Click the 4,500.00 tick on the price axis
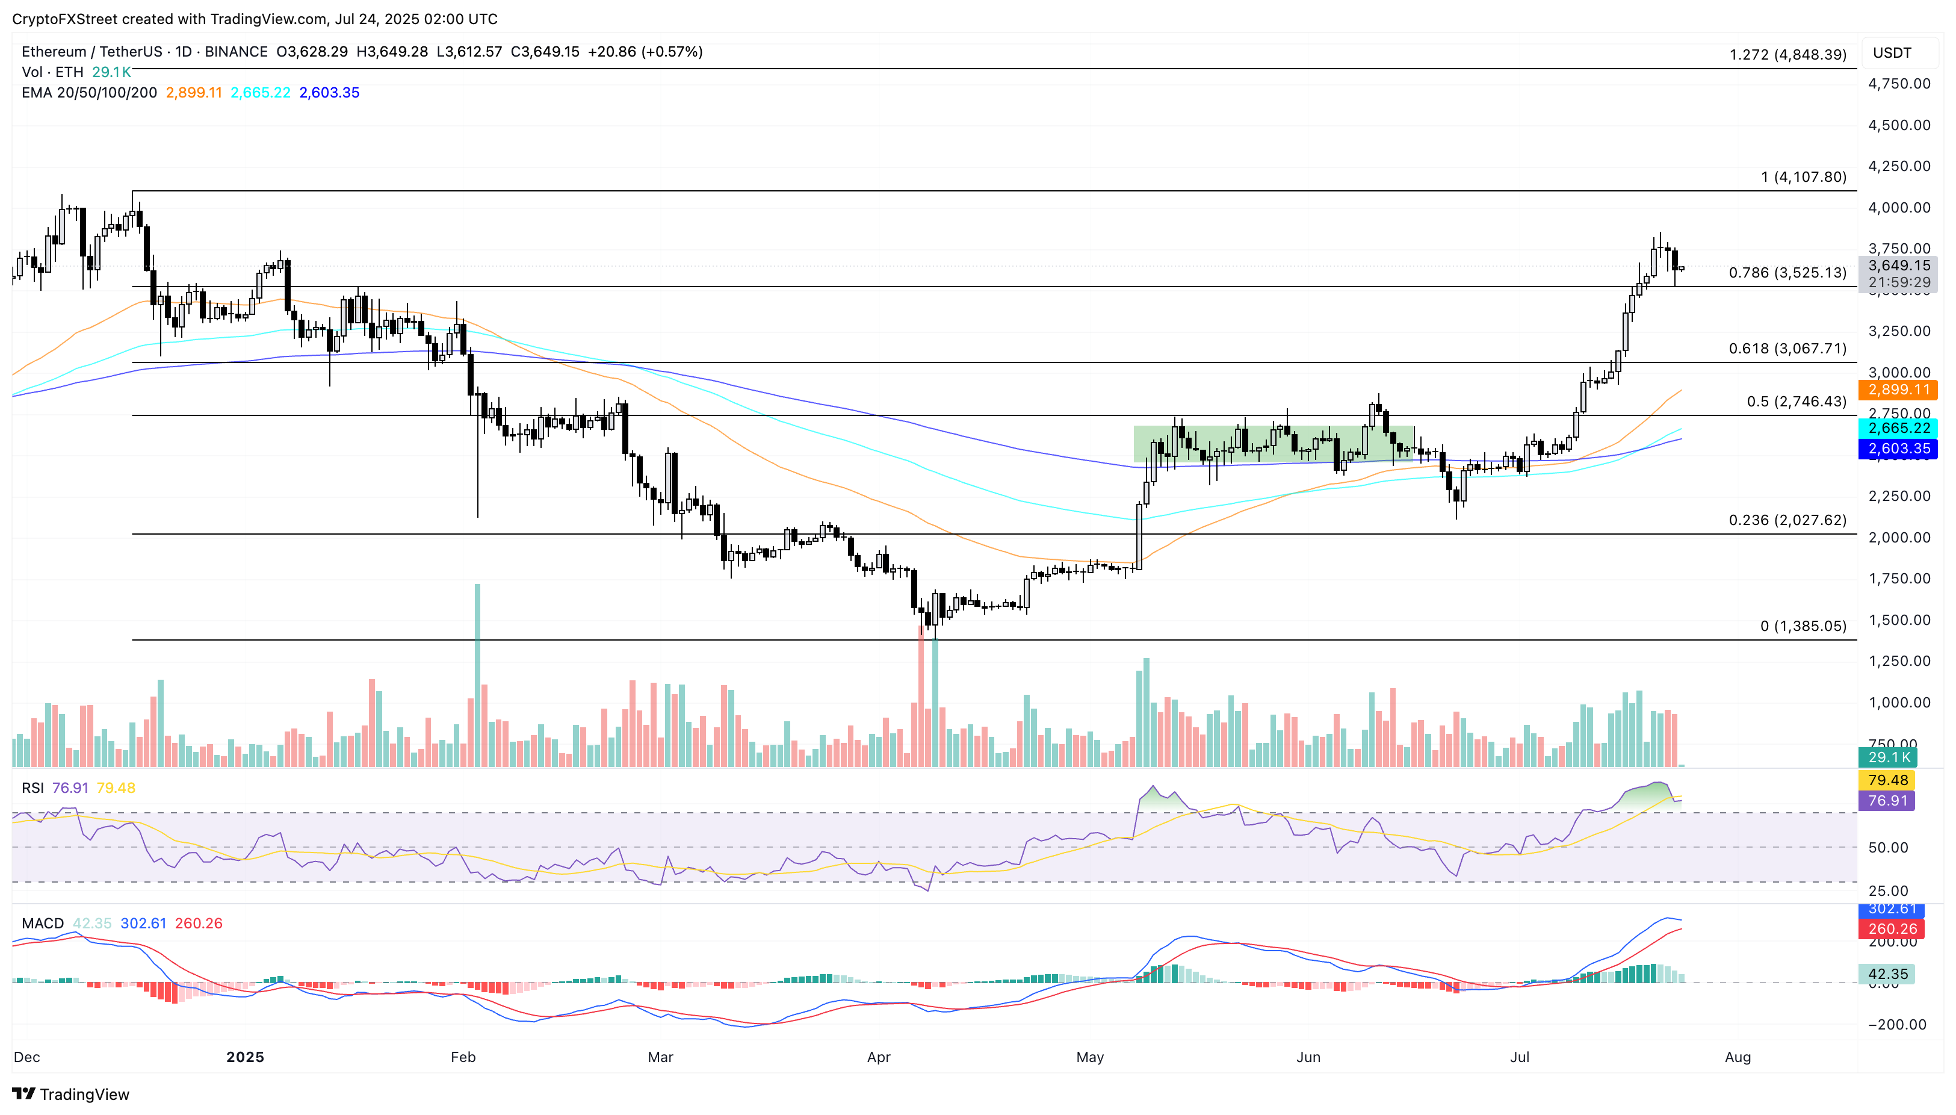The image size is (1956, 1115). click(x=1899, y=125)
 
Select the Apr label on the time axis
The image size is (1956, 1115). click(x=878, y=1057)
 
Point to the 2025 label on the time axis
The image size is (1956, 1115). click(x=245, y=1057)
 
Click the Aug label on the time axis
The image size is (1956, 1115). click(x=1737, y=1057)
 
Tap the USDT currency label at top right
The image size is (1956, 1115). click(x=1892, y=53)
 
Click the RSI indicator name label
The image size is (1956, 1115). click(x=32, y=788)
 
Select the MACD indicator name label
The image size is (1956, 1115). click(x=42, y=924)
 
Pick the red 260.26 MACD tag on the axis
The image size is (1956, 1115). click(x=1891, y=929)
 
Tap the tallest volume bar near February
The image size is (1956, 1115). click(x=478, y=674)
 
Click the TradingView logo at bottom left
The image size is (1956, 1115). click(x=70, y=1093)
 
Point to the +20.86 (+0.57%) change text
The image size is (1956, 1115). click(x=645, y=51)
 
